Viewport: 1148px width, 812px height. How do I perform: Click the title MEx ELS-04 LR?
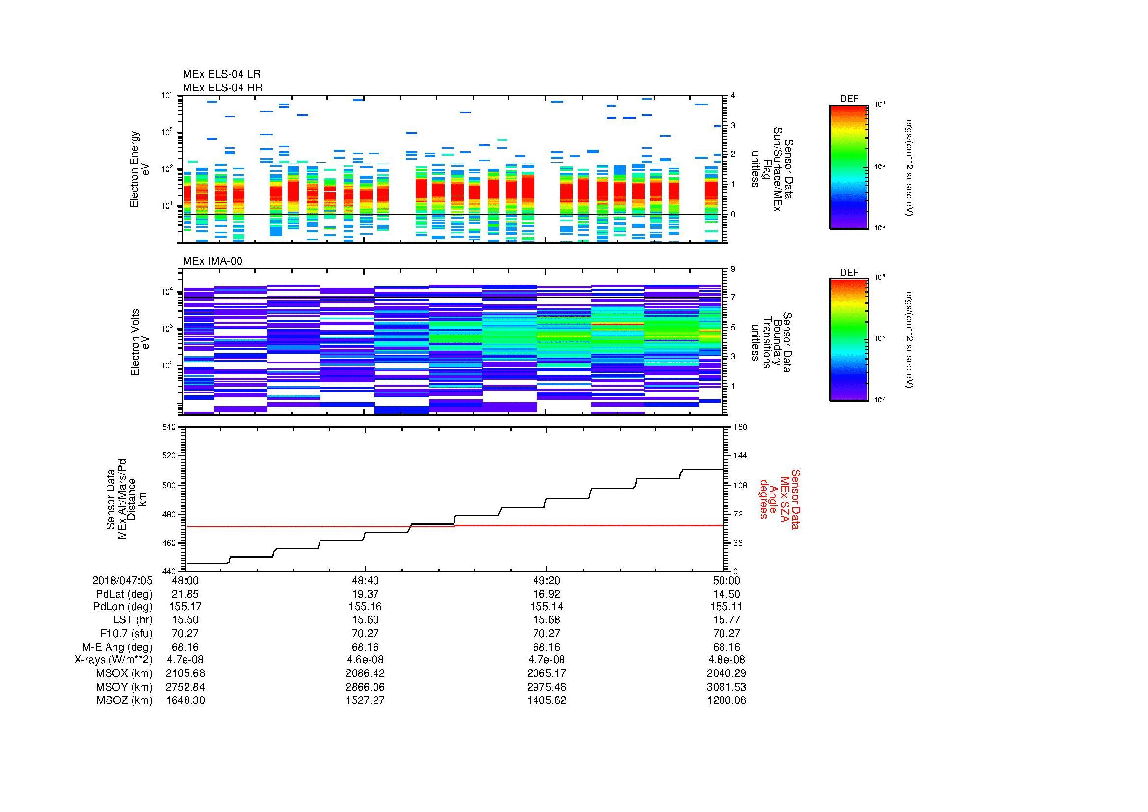(221, 74)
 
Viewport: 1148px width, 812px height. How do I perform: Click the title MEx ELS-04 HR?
(222, 87)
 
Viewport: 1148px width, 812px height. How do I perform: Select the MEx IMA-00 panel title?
(212, 261)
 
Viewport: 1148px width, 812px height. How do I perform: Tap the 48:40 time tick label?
(365, 580)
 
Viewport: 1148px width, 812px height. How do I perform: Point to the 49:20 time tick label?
(546, 580)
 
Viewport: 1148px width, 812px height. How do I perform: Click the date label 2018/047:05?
(122, 580)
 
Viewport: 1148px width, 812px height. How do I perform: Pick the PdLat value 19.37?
(365, 594)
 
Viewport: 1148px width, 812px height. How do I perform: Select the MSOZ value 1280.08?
(726, 700)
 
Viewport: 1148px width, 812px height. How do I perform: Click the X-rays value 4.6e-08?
(365, 660)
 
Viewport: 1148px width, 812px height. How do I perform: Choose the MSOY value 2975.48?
(546, 687)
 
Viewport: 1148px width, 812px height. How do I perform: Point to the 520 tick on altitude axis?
(169, 456)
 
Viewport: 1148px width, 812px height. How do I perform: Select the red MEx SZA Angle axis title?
(779, 499)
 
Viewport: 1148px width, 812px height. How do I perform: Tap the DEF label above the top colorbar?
(849, 99)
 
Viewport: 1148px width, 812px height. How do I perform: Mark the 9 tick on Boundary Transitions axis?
(732, 269)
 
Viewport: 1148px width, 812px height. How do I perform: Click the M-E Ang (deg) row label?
(117, 647)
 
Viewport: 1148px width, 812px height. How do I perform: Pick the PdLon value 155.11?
(726, 607)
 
